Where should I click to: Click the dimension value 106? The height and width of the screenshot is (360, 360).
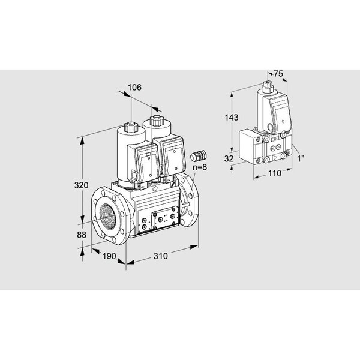coord(134,87)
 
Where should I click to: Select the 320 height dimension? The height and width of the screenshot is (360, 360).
coord(81,185)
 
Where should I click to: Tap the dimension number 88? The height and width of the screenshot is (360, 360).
coord(82,235)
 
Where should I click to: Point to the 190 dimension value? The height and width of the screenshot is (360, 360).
coord(109,256)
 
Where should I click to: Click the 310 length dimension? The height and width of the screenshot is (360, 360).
coord(161,256)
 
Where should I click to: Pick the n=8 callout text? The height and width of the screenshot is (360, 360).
coord(200,167)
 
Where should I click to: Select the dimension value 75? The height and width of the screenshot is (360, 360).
coord(278,74)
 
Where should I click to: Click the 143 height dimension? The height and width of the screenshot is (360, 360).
coord(232,118)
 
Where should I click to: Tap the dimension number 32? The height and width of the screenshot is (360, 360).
coord(229,158)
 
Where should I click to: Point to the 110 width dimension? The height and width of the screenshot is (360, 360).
coord(275,173)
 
